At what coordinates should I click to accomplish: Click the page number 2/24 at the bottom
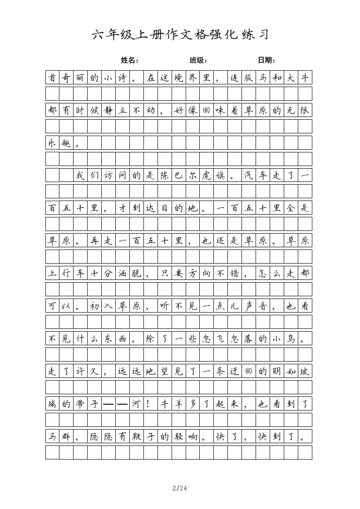180,489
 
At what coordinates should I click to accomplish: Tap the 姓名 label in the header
129,60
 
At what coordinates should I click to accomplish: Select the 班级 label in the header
198,60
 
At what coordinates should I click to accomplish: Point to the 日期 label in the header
266,60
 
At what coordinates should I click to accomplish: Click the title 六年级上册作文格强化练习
180,34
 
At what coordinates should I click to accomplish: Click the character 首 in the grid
53,78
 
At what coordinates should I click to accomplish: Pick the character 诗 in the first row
123,78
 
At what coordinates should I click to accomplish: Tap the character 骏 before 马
249,78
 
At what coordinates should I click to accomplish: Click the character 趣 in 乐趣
66,143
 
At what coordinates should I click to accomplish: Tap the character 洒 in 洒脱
123,274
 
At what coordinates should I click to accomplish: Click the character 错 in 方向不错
235,274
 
